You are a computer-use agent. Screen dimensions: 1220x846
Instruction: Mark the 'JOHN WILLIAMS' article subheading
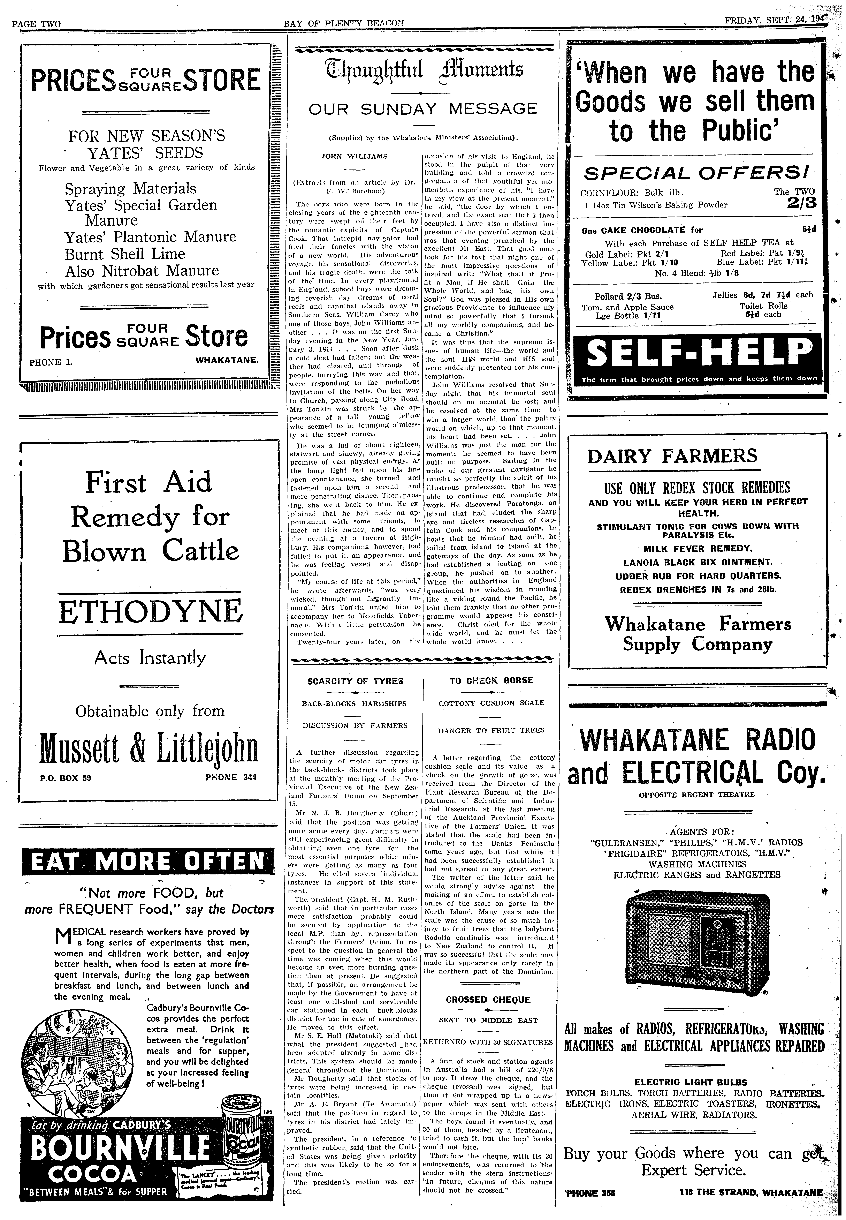355,156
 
